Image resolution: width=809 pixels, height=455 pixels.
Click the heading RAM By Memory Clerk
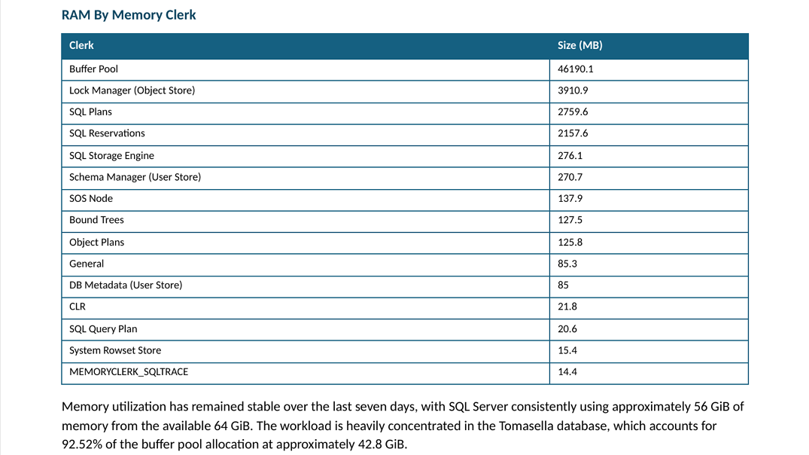click(x=129, y=15)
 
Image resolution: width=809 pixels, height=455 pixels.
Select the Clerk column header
click(x=81, y=45)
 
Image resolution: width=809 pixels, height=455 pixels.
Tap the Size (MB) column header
click(x=580, y=45)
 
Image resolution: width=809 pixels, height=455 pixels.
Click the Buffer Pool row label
click(x=93, y=69)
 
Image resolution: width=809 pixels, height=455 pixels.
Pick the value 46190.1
click(x=575, y=69)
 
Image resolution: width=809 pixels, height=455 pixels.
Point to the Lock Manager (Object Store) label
click(x=132, y=90)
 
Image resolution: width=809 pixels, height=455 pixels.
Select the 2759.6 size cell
click(x=573, y=112)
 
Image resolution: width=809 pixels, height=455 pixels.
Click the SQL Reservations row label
click(x=107, y=133)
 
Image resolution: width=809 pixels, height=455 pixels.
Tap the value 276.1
click(x=570, y=155)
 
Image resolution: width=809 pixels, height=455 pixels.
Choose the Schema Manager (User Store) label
click(x=135, y=177)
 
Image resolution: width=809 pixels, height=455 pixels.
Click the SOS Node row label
click(x=91, y=198)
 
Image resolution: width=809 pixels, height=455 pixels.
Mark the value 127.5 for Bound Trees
click(x=570, y=220)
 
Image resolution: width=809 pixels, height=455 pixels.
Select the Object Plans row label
click(x=96, y=243)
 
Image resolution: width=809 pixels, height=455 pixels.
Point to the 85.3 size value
click(x=567, y=264)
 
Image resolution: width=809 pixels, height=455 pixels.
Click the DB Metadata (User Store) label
click(x=126, y=285)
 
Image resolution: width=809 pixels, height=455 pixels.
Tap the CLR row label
click(x=78, y=307)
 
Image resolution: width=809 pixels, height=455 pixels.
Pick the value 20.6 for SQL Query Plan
click(x=567, y=329)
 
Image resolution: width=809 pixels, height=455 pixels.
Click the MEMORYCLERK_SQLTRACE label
click(x=129, y=372)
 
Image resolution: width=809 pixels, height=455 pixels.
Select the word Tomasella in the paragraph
click(x=526, y=426)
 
